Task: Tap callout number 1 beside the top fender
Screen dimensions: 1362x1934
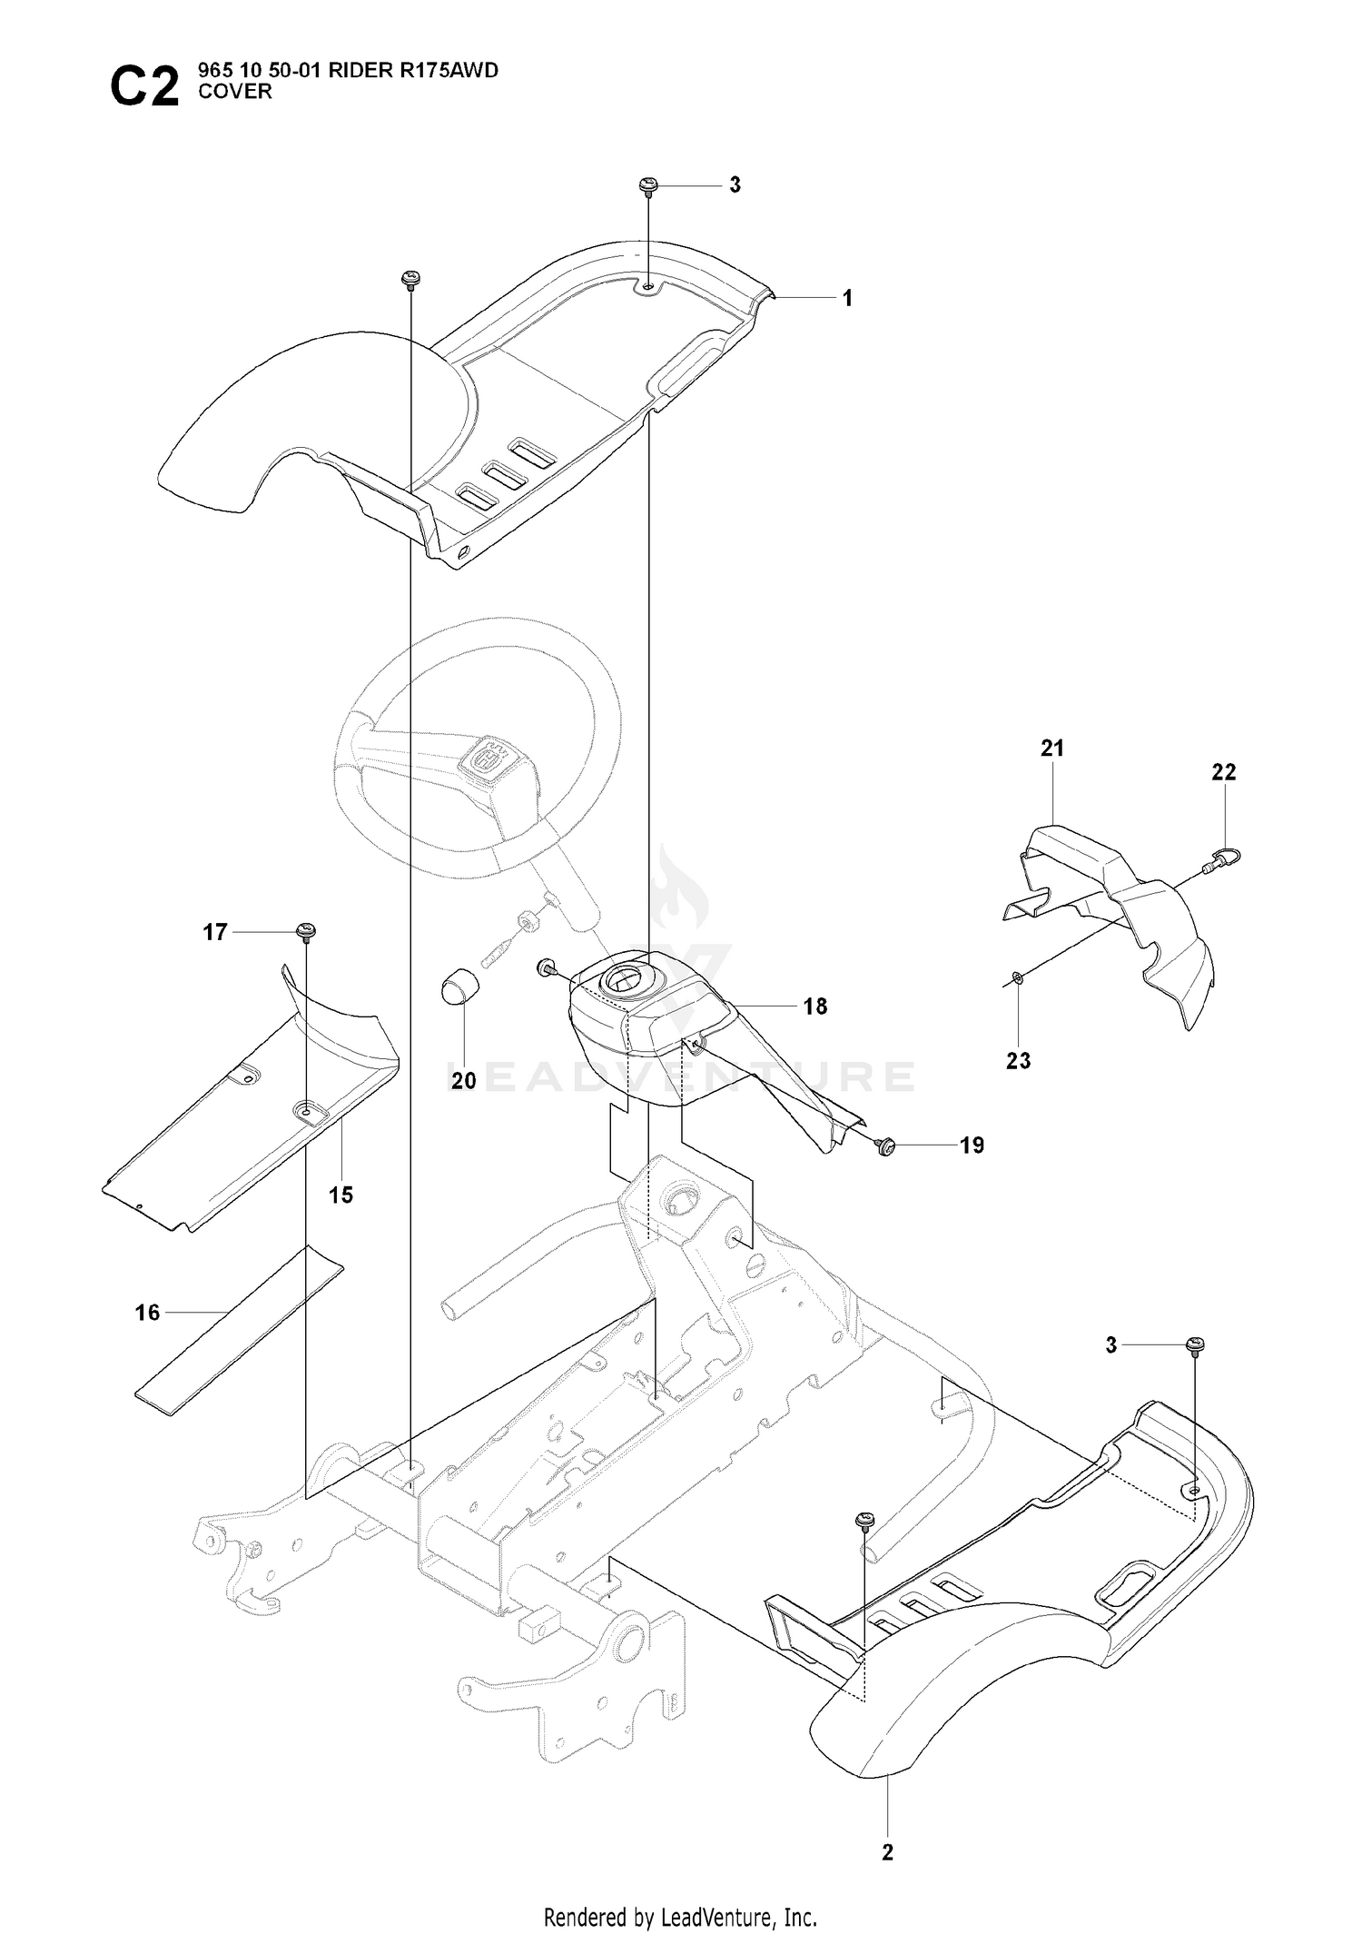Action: (847, 298)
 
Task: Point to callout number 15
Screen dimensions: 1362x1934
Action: (340, 1195)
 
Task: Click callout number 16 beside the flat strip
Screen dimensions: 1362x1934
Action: (147, 1313)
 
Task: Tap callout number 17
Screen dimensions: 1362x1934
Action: (214, 933)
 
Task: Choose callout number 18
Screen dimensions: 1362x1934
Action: (815, 1007)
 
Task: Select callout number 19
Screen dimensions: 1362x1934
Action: (972, 1146)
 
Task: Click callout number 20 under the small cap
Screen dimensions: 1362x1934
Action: (463, 1081)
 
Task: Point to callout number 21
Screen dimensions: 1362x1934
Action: (1052, 749)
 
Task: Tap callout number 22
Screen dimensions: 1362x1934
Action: (1224, 771)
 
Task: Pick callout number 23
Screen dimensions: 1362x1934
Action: (1018, 1060)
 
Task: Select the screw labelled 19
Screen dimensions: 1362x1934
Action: (886, 1146)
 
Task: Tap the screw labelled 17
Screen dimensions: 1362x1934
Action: (306, 930)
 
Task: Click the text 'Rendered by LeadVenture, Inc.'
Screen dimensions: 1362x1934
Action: (680, 1888)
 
